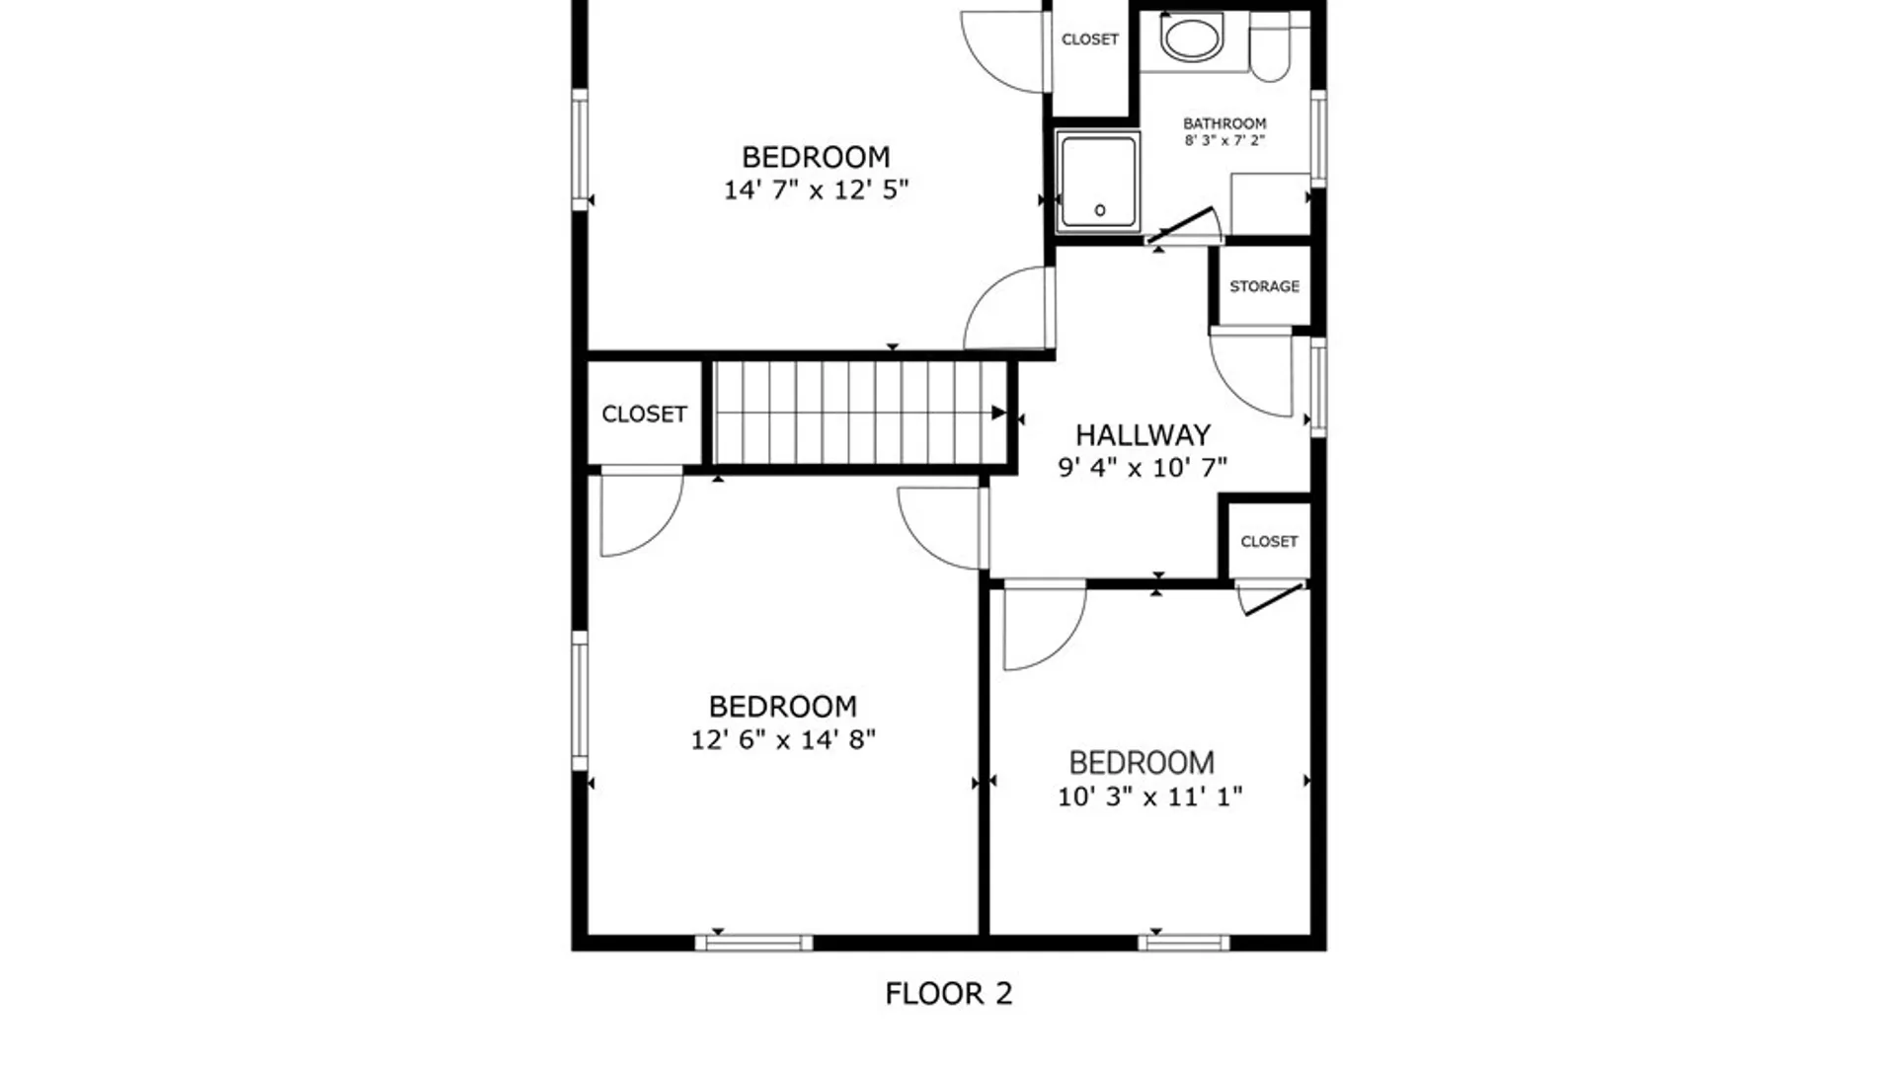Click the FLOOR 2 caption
point(948,993)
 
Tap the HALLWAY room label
point(1143,435)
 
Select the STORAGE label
point(1264,286)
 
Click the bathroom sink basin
point(1193,38)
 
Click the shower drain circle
point(1100,210)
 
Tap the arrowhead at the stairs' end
point(998,413)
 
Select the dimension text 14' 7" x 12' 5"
point(816,190)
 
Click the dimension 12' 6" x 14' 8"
point(782,739)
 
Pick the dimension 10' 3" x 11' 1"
point(1149,796)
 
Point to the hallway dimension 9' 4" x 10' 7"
point(1143,467)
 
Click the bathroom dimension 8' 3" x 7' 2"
point(1224,140)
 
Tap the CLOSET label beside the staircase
point(644,414)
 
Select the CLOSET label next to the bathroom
point(1089,39)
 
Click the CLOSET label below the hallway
point(1269,542)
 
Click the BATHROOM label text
point(1224,123)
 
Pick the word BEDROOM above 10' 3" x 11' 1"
point(1142,763)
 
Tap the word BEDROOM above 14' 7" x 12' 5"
point(816,157)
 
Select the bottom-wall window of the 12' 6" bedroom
point(754,943)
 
